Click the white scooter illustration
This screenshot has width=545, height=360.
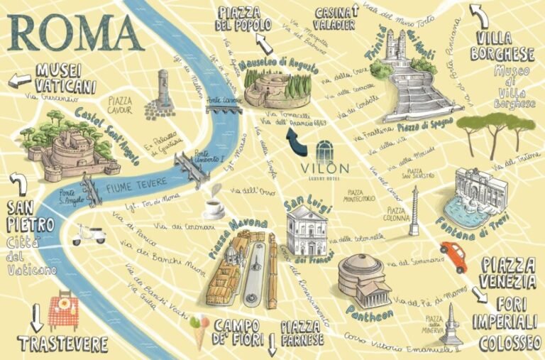[x=88, y=234]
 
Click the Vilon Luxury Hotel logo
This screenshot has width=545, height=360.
[x=324, y=160]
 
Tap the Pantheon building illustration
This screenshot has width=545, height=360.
[x=364, y=278]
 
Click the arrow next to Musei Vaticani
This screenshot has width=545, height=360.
[x=19, y=77]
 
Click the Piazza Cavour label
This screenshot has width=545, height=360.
[x=121, y=105]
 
